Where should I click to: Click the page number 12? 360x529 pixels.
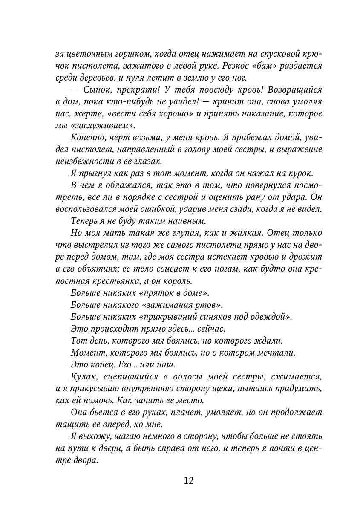189,481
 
